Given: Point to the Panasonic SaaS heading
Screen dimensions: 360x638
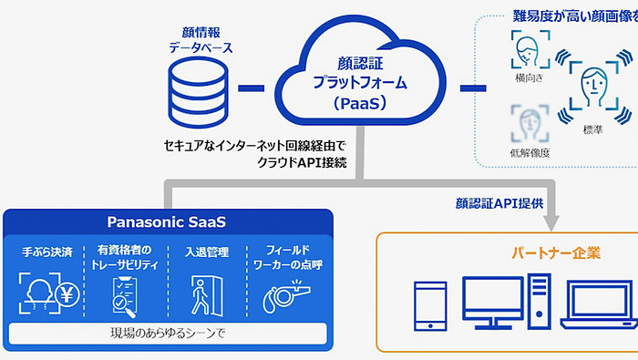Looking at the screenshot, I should [x=166, y=221].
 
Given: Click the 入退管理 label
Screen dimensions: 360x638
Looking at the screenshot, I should [x=206, y=252].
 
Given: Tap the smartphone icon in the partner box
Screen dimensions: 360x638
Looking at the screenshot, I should [x=429, y=305].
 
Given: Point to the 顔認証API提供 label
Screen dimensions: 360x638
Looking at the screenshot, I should [x=499, y=202].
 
